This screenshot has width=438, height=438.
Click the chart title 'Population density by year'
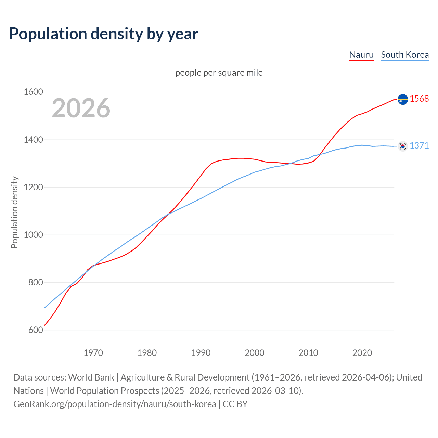pyautogui.click(x=104, y=34)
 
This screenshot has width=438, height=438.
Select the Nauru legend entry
pyautogui.click(x=361, y=55)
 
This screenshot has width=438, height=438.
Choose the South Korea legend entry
pyautogui.click(x=404, y=55)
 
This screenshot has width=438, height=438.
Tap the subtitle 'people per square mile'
pyautogui.click(x=219, y=73)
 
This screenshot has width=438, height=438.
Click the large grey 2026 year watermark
pyautogui.click(x=81, y=108)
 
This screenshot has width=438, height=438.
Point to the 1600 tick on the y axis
pyautogui.click(x=33, y=92)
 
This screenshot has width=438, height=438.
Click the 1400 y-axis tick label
pyautogui.click(x=33, y=140)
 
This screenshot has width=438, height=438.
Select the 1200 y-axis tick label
pyautogui.click(x=33, y=187)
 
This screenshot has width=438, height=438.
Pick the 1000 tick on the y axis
pyautogui.click(x=33, y=235)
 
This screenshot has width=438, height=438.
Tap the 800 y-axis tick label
pyautogui.click(x=36, y=282)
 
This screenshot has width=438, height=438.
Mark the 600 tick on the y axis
pyautogui.click(x=36, y=330)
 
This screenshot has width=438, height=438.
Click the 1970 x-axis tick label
pyautogui.click(x=93, y=353)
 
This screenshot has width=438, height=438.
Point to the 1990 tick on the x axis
pyautogui.click(x=201, y=353)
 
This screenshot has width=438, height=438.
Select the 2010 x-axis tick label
pyautogui.click(x=308, y=353)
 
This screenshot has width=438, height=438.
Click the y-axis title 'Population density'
pyautogui.click(x=14, y=212)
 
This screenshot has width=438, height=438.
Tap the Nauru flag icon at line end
pyautogui.click(x=403, y=99)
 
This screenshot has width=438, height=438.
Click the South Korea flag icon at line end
pyautogui.click(x=403, y=146)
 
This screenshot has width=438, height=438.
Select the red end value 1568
pyautogui.click(x=419, y=99)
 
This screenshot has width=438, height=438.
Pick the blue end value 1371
pyautogui.click(x=419, y=145)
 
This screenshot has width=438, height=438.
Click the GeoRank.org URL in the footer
pyautogui.click(x=115, y=404)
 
